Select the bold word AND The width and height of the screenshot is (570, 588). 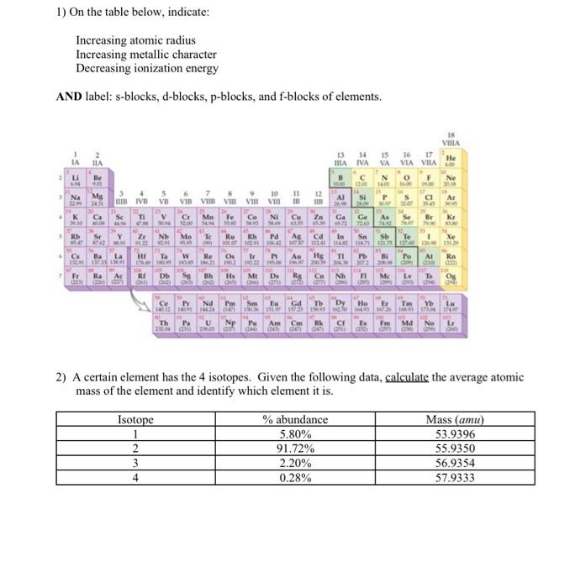[70, 97]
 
